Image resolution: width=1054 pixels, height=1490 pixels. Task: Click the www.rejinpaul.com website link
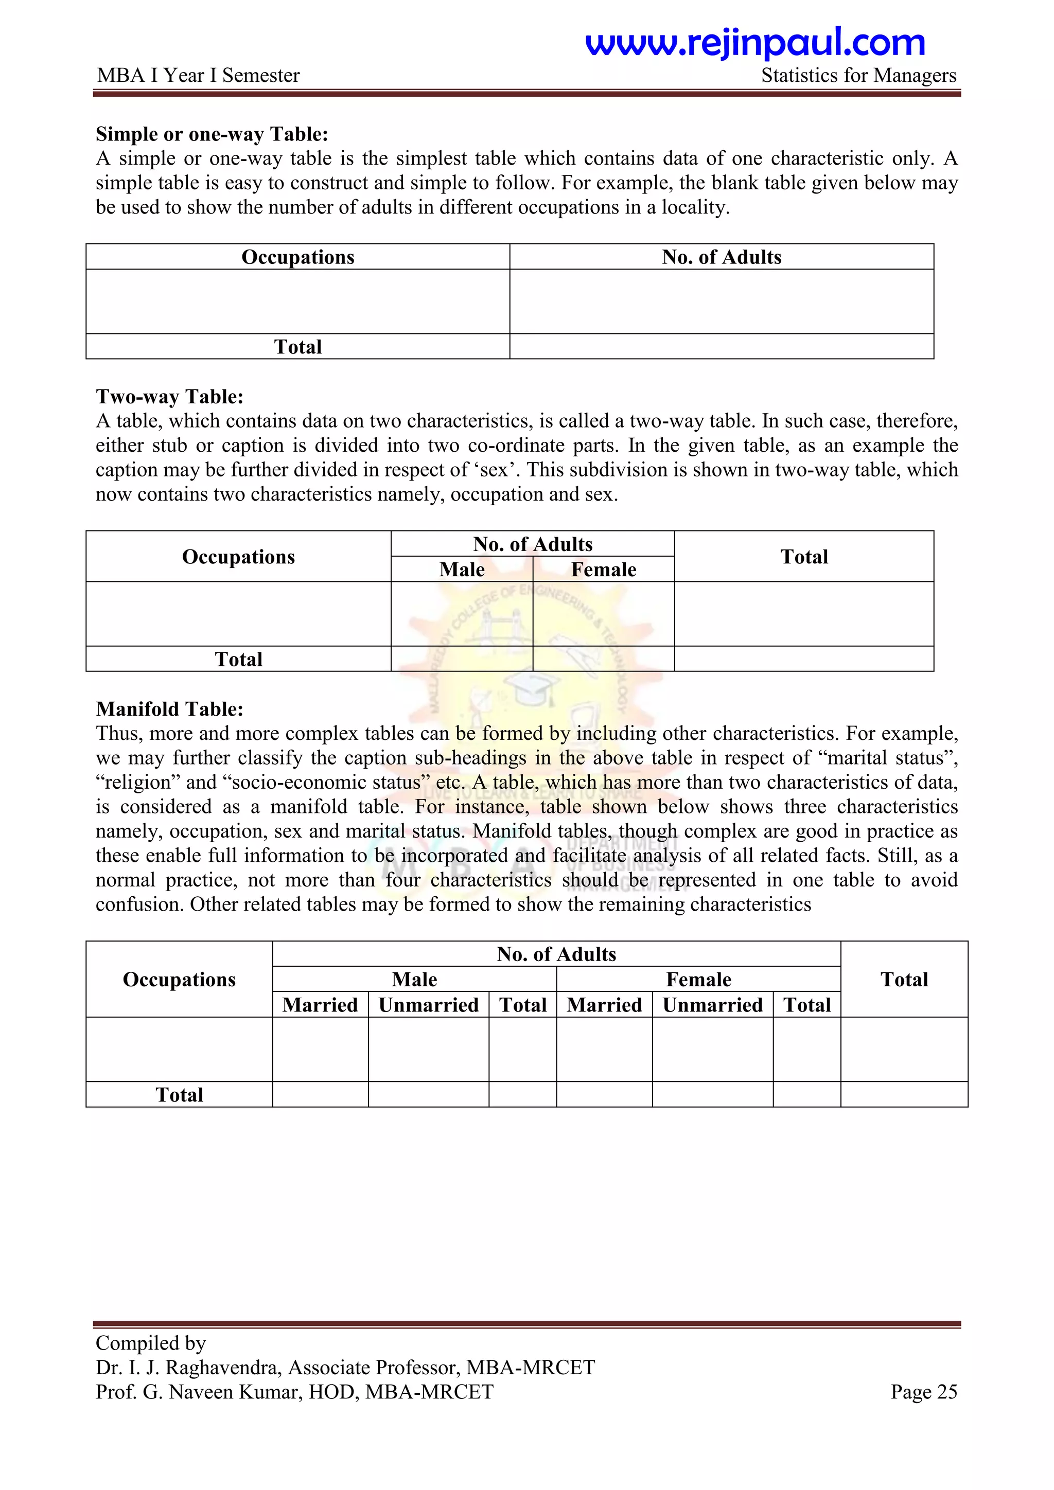tap(755, 44)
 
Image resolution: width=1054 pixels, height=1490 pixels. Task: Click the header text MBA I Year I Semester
tap(198, 76)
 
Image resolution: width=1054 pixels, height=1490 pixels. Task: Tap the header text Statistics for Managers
tap(858, 76)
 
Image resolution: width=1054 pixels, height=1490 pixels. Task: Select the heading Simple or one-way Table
tap(212, 134)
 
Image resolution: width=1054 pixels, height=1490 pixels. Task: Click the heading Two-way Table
tap(169, 397)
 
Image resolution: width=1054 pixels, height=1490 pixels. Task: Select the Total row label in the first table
tap(297, 347)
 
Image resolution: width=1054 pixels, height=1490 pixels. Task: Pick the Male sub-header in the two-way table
tap(462, 569)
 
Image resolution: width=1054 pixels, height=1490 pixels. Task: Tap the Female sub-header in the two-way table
tap(603, 569)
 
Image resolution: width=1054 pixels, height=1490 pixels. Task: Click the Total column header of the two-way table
tap(803, 557)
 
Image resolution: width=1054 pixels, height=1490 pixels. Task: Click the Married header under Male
tap(320, 1005)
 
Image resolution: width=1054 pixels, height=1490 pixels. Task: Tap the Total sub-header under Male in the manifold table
tap(522, 1005)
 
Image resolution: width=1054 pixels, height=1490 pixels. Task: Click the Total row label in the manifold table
tap(179, 1095)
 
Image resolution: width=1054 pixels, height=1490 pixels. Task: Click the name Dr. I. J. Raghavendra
tap(188, 1368)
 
